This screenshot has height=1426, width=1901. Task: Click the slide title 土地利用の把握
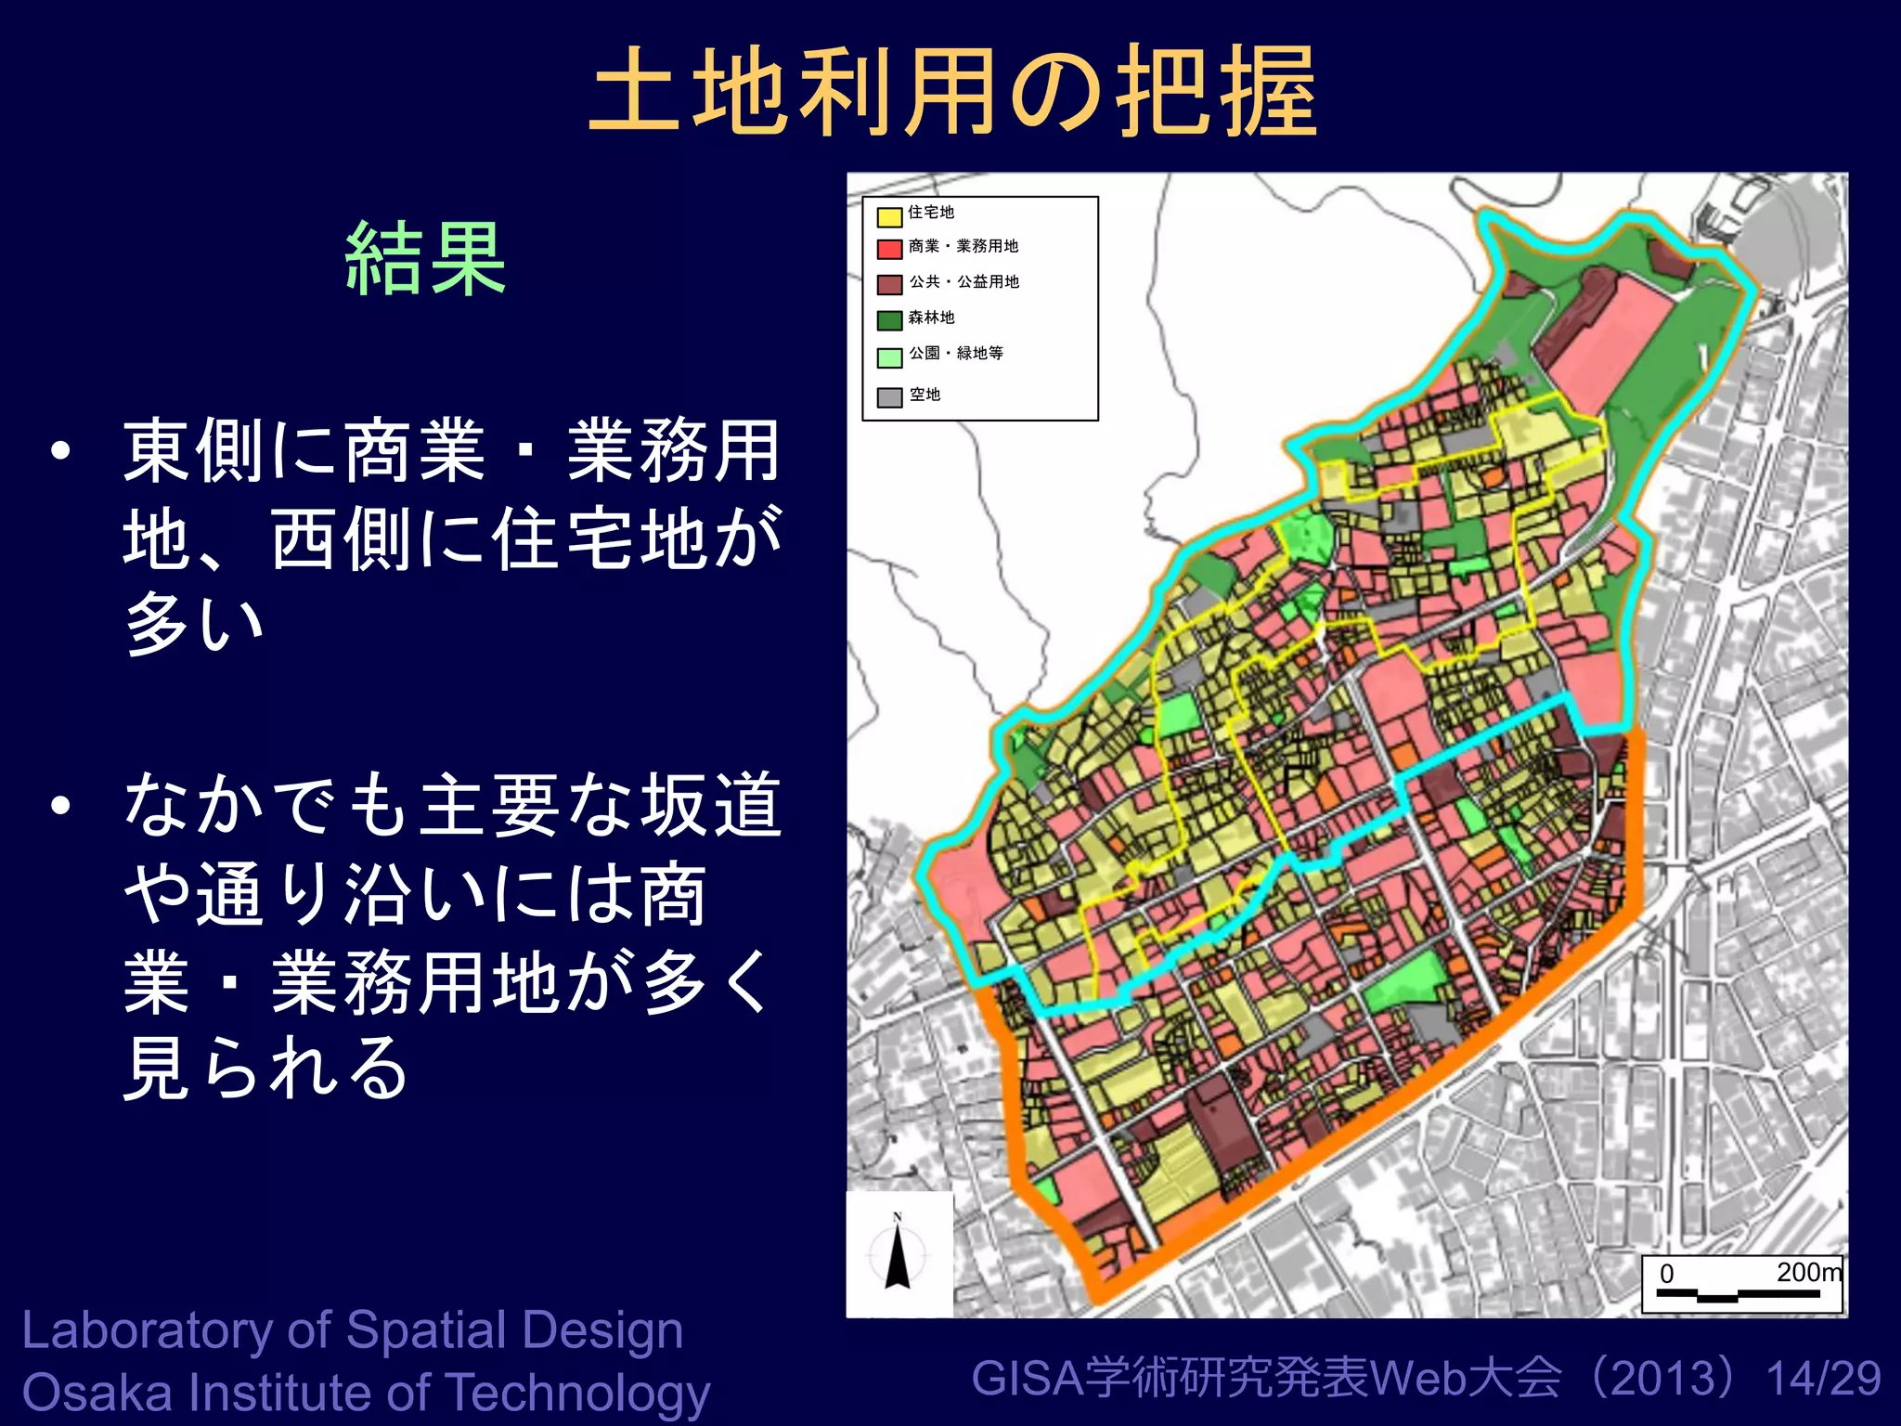coord(953,91)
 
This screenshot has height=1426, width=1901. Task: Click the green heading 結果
coord(425,259)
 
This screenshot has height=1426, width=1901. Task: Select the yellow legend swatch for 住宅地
coord(889,217)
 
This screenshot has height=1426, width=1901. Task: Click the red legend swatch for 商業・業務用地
coord(889,249)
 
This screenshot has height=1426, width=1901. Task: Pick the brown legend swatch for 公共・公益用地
coord(889,284)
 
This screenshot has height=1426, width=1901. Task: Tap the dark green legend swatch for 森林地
coord(889,320)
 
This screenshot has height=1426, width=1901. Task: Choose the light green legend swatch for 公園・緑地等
coord(889,356)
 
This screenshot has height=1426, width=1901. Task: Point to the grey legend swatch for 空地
coord(889,397)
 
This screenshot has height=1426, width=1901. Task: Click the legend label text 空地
coord(925,395)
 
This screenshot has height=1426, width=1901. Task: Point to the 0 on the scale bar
coord(1666,1274)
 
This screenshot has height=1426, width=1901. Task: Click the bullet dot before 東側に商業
coord(61,451)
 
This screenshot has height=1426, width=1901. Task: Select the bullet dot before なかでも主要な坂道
coord(61,805)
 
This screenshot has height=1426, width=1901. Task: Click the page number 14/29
coord(1823,1378)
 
